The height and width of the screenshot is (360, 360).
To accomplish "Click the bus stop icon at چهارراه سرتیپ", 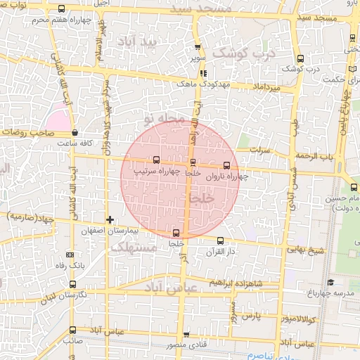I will pyautogui.click(x=156, y=160).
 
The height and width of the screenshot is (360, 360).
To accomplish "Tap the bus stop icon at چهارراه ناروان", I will pyautogui.click(x=226, y=165).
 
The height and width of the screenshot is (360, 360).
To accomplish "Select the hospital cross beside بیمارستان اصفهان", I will pyautogui.click(x=110, y=220).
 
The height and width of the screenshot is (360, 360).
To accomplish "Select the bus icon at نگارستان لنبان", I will pyautogui.click(x=73, y=284).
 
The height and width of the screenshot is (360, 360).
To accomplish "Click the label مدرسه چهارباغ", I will pyautogui.click(x=337, y=292).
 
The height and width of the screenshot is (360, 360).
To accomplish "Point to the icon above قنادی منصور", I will pyautogui.click(x=186, y=335).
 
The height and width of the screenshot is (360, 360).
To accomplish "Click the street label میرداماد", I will pyautogui.click(x=267, y=87).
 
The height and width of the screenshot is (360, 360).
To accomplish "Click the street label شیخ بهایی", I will pyautogui.click(x=303, y=249).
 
